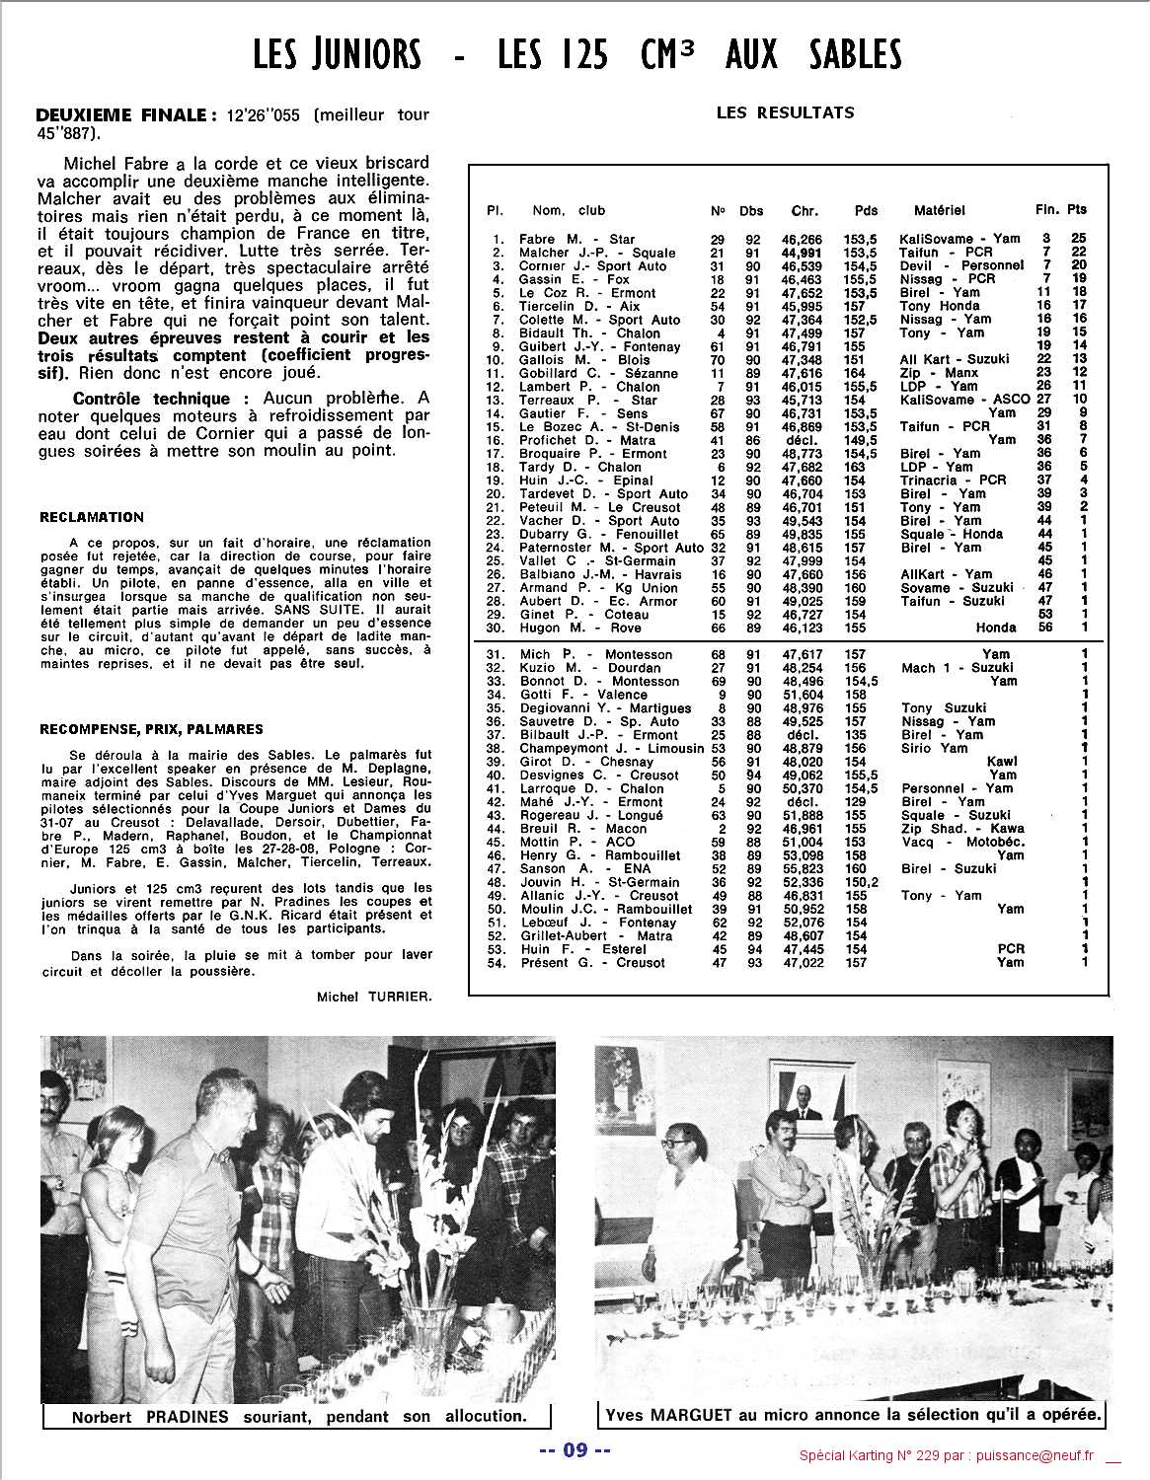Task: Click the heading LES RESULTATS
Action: tap(785, 112)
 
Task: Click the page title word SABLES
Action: tap(852, 53)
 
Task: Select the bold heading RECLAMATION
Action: tap(92, 517)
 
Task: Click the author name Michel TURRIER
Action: tap(374, 997)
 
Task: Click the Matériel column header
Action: tap(939, 210)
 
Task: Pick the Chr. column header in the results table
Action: tap(805, 210)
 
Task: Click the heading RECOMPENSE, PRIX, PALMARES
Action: tap(151, 729)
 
